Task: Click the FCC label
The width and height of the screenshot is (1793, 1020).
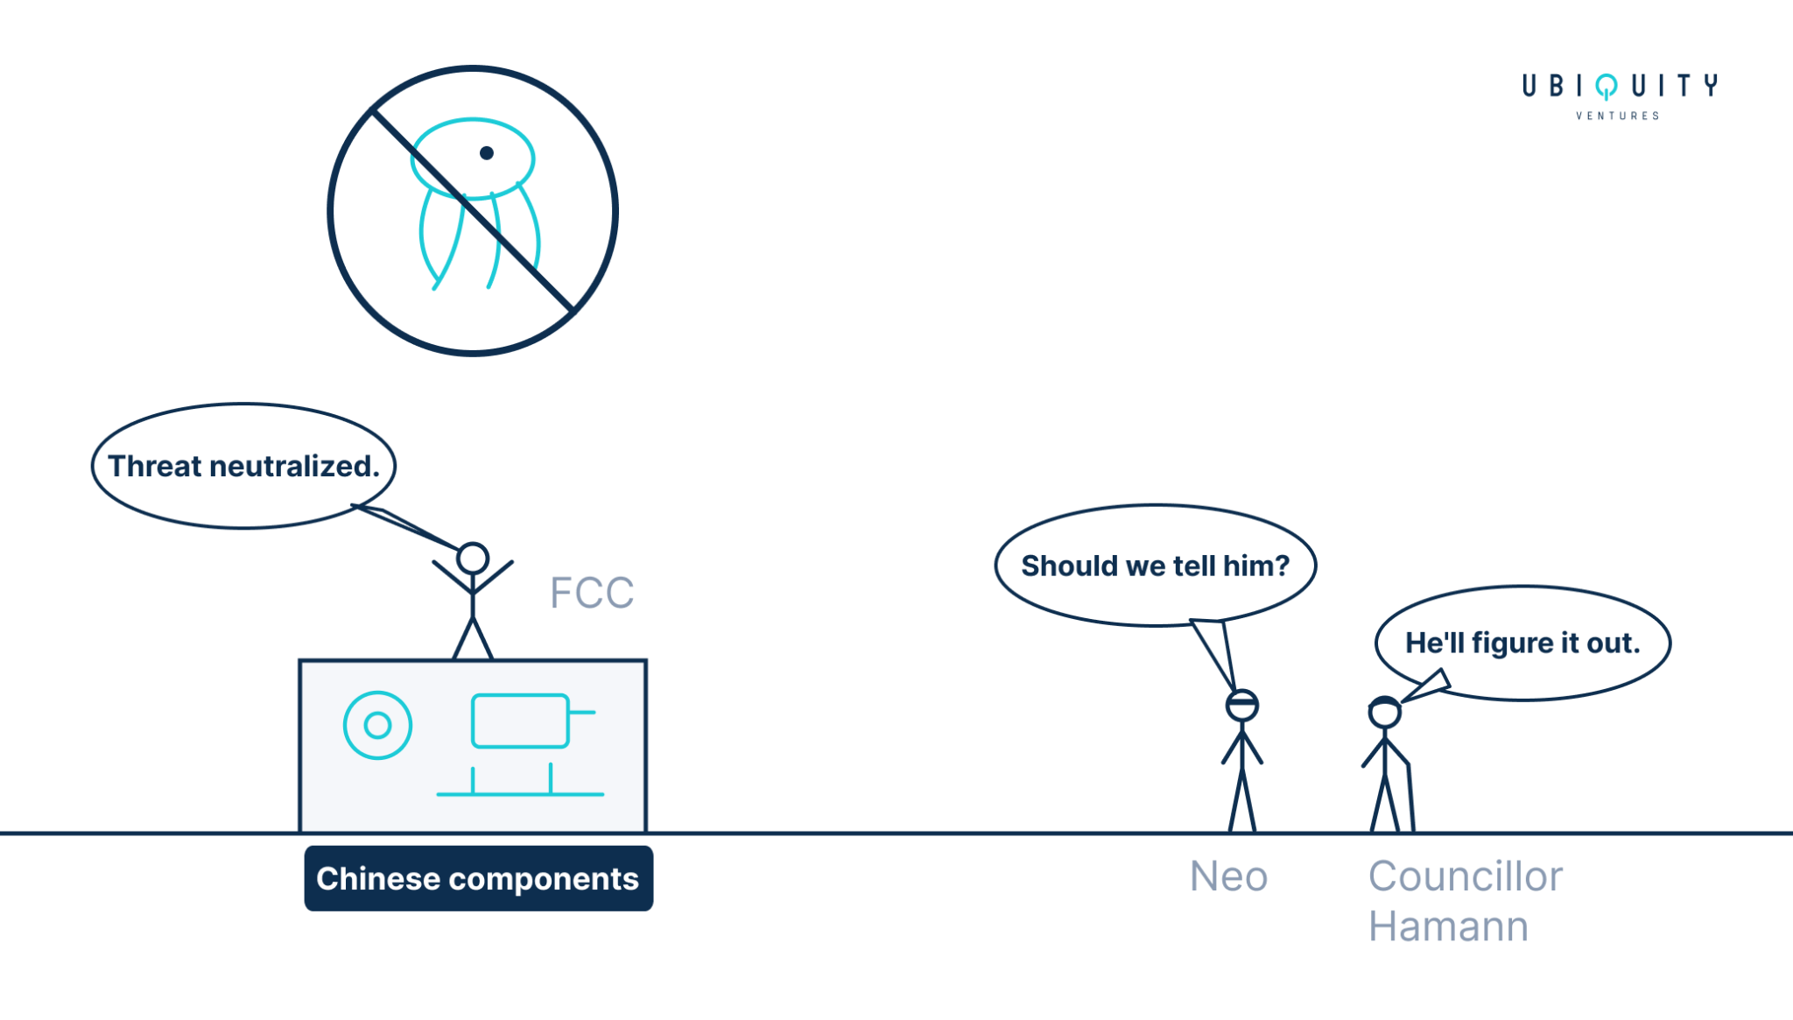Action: point(592,593)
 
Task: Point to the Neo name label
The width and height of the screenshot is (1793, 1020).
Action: point(1228,876)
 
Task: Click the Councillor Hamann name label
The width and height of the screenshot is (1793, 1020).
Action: point(1465,901)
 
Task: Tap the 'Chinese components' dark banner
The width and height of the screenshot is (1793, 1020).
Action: point(478,878)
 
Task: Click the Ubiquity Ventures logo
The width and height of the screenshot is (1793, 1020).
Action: point(1620,96)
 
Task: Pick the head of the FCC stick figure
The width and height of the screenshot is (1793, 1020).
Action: point(473,559)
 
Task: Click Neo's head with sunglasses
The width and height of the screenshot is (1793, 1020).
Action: point(1242,705)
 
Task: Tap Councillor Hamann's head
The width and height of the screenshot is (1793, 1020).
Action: point(1384,713)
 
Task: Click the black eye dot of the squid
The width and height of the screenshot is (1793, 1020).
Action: point(487,153)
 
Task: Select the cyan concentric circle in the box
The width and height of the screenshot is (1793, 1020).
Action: point(377,725)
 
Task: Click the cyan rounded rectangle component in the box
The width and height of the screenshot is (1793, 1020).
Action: point(521,721)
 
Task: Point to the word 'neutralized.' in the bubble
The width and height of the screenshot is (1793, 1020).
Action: point(294,466)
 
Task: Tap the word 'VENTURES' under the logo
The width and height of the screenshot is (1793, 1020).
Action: point(1618,116)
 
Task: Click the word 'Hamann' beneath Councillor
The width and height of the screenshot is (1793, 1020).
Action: point(1448,926)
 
